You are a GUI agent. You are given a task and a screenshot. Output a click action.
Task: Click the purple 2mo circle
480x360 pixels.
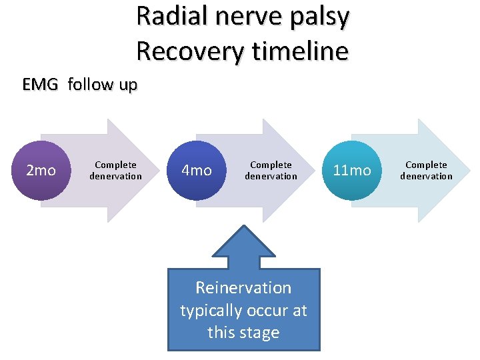41,171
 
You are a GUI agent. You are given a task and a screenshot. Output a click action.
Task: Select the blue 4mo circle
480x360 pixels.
197,171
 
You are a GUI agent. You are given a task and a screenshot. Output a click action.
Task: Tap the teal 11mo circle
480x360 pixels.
352,171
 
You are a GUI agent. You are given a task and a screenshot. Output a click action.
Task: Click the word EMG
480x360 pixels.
41,85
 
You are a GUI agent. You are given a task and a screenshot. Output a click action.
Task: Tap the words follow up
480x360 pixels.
103,85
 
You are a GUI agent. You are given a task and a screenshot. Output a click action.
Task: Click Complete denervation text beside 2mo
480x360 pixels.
115,171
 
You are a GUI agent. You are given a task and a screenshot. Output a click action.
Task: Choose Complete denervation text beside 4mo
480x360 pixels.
271,171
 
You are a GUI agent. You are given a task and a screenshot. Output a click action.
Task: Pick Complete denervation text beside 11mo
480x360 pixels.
426,171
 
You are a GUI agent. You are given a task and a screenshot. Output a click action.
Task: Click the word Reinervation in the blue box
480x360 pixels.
243,288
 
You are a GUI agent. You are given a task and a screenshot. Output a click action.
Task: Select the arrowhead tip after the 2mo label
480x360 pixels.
160,171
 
